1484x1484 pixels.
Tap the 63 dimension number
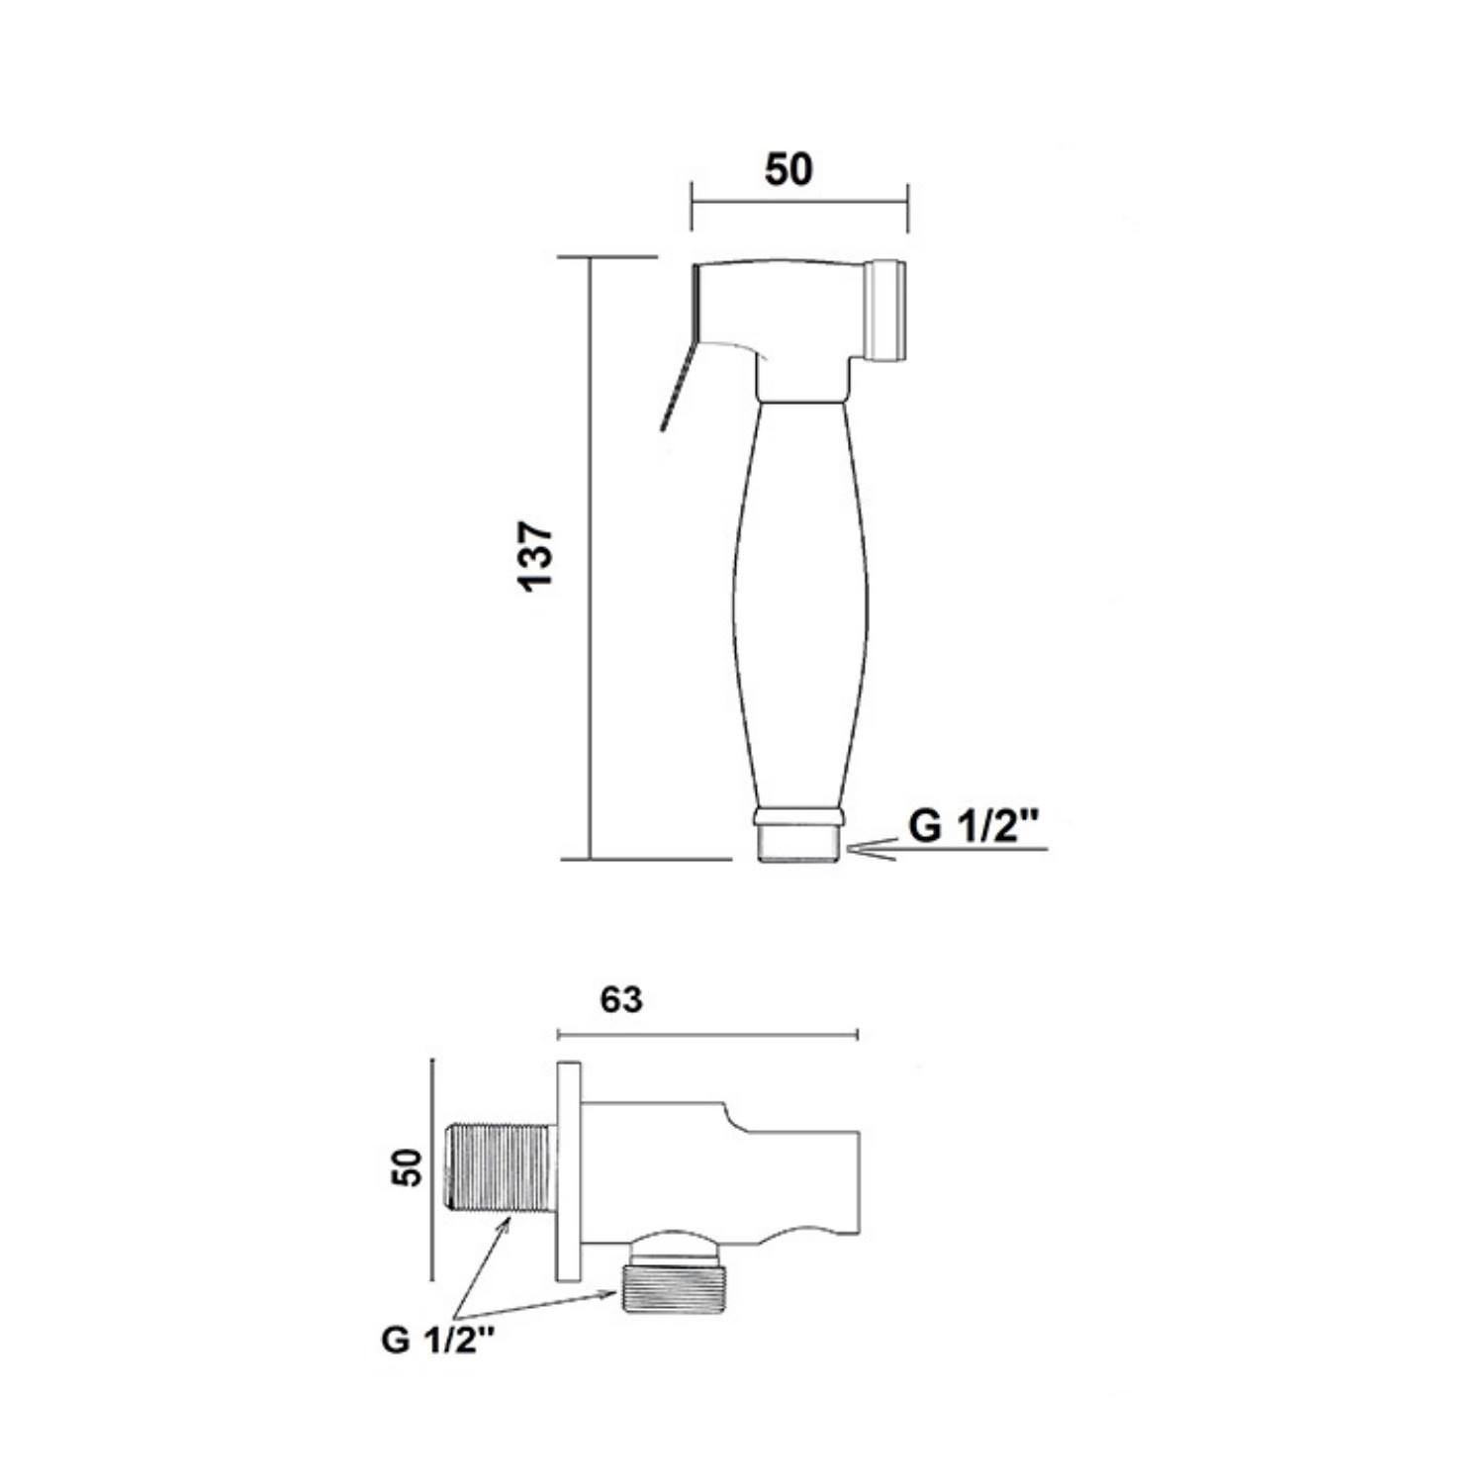point(621,1000)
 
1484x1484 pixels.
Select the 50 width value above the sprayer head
point(788,170)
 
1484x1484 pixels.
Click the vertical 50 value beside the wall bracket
point(407,1167)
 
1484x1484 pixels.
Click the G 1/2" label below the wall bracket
point(438,1341)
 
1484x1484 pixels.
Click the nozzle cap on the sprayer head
point(887,310)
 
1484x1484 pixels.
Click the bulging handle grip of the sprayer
point(800,603)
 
